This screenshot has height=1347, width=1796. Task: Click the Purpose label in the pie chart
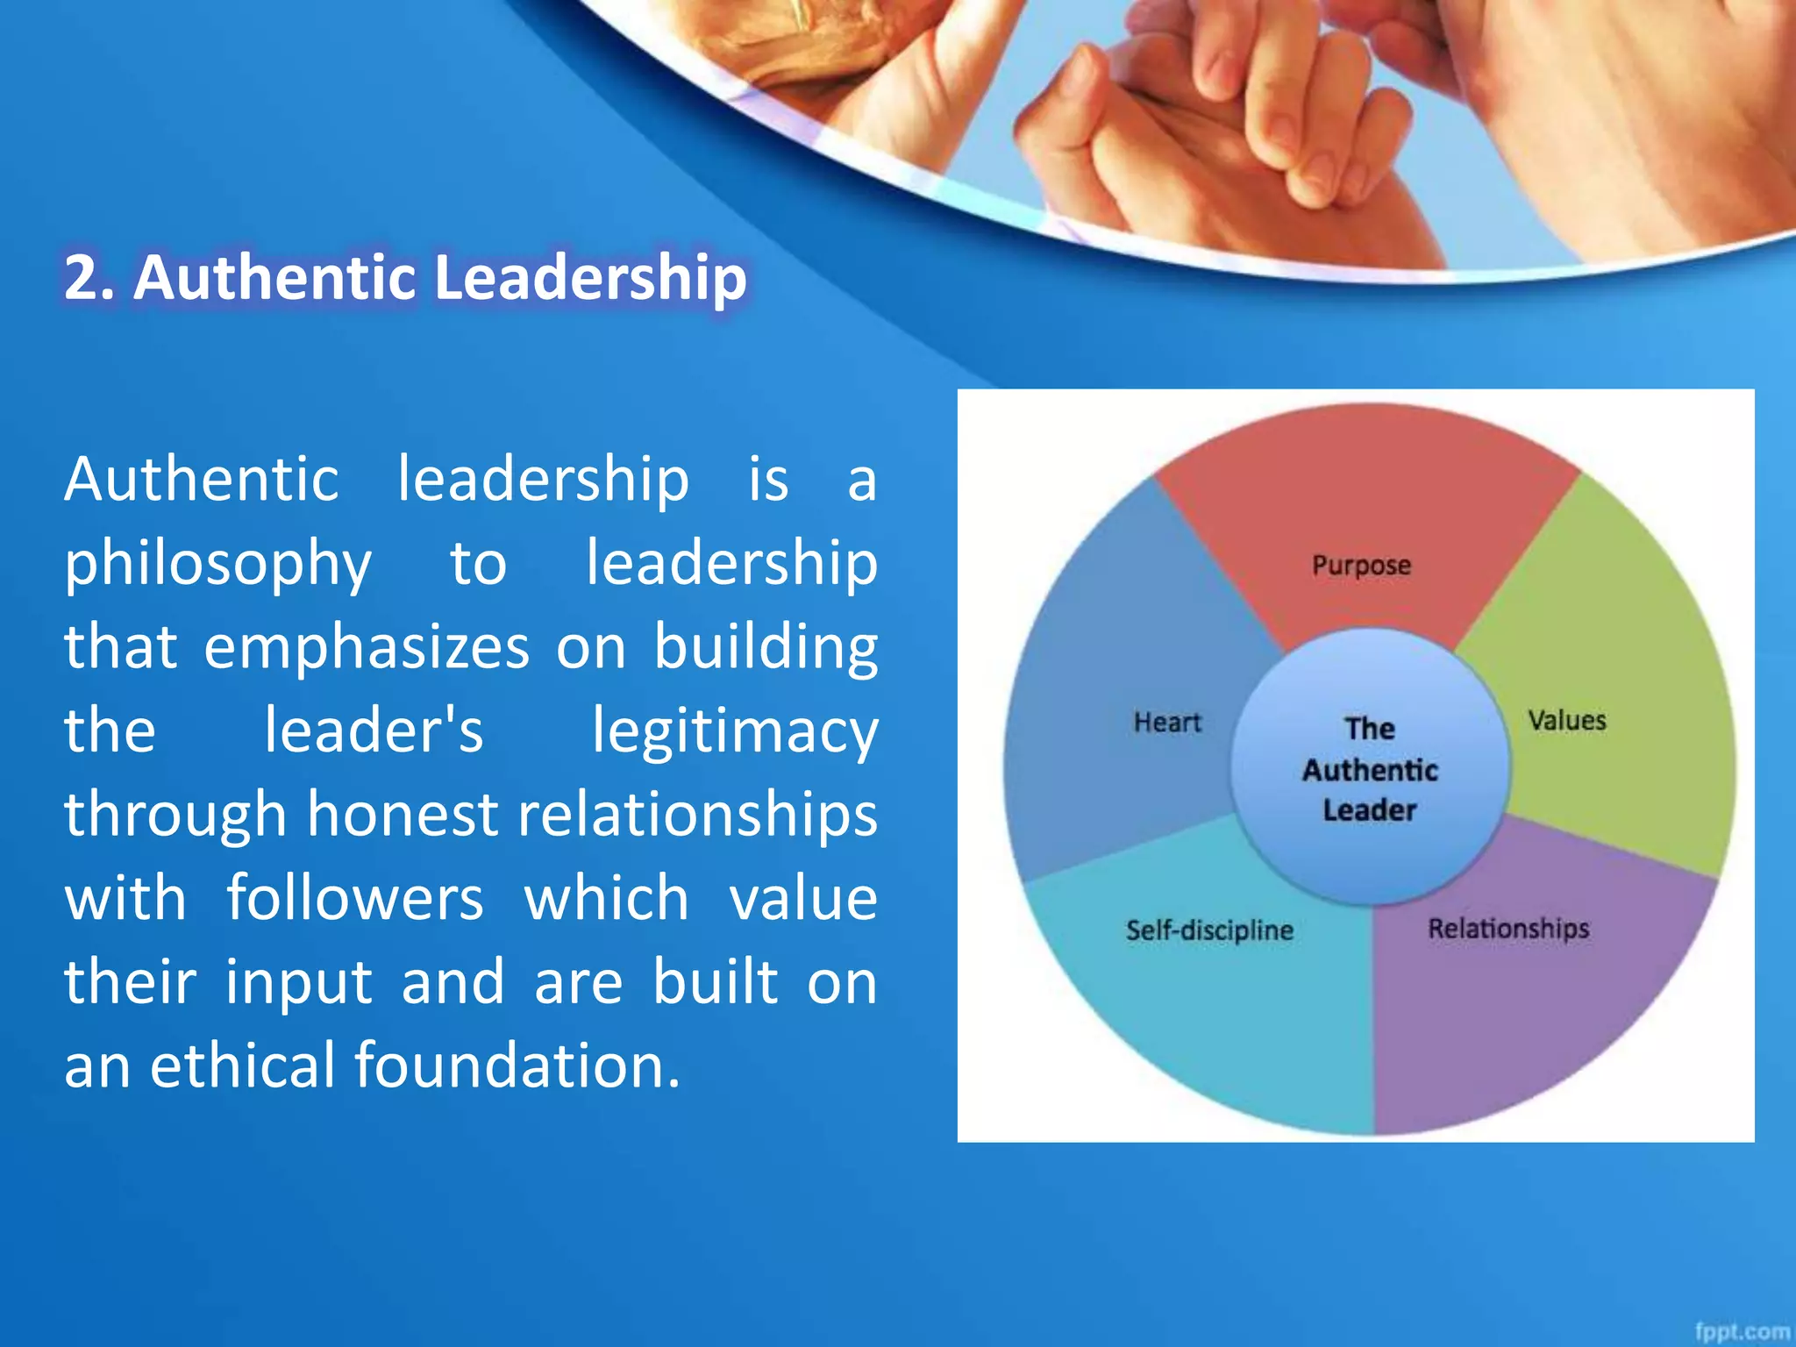(x=1361, y=566)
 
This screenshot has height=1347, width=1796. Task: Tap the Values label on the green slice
(x=1567, y=721)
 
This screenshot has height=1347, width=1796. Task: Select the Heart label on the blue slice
(x=1166, y=723)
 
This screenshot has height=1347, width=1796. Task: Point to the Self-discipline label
(x=1209, y=930)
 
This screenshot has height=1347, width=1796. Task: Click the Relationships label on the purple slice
(x=1508, y=929)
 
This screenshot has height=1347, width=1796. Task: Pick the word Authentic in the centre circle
(x=1370, y=770)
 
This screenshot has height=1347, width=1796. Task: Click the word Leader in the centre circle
(x=1370, y=810)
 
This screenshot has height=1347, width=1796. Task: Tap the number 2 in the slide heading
(x=81, y=278)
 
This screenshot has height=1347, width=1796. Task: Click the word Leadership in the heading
(x=590, y=278)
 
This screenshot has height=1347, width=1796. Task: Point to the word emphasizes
(x=367, y=647)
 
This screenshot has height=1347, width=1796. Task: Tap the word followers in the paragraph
(x=354, y=899)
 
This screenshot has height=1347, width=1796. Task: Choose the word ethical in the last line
(x=241, y=1065)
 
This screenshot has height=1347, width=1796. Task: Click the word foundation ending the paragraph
(x=517, y=1065)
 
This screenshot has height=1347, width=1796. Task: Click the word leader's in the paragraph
(x=374, y=731)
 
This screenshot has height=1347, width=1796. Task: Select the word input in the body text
(x=299, y=983)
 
